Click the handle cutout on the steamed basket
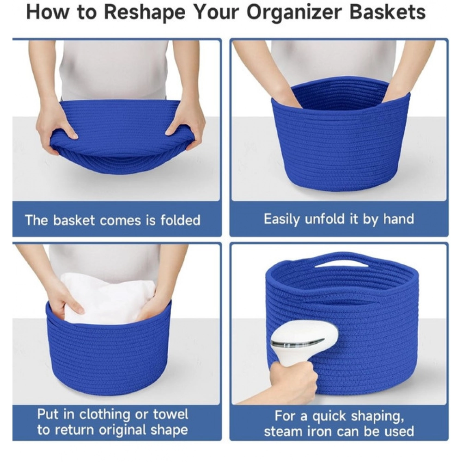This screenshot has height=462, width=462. (339, 263)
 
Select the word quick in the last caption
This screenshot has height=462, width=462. (334, 416)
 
